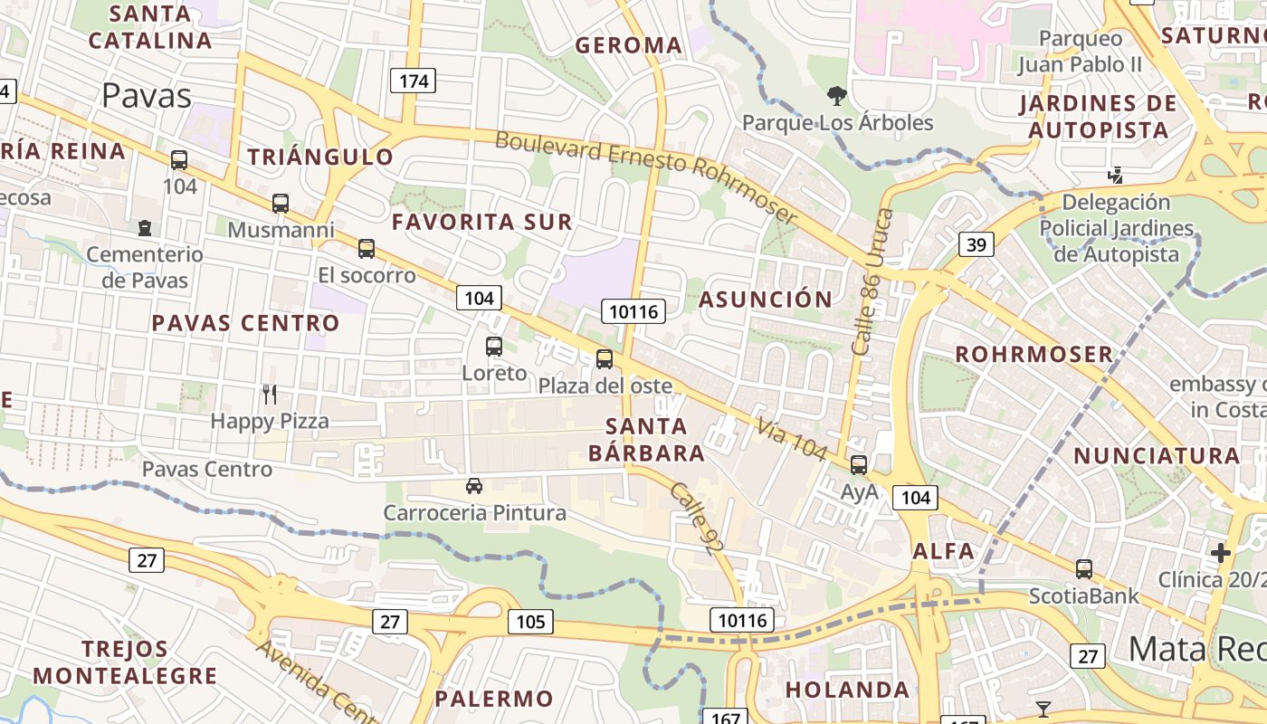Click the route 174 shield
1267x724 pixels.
tap(414, 81)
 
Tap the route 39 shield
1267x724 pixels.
tap(976, 244)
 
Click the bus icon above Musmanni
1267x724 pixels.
tap(281, 204)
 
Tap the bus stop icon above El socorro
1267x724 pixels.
tap(367, 248)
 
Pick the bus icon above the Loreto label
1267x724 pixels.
tap(494, 346)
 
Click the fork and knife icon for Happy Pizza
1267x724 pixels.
tap(269, 394)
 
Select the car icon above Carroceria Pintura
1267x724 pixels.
tap(474, 486)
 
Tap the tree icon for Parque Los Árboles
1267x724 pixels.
tap(837, 95)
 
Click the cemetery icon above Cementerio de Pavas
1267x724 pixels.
tap(145, 227)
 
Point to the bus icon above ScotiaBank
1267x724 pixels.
tap(1084, 569)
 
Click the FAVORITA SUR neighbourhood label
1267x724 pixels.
tap(482, 222)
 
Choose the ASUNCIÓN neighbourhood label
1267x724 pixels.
tap(766, 300)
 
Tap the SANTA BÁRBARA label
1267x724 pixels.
tap(646, 439)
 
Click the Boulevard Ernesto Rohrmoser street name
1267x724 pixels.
tap(646, 177)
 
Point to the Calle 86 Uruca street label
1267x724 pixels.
tap(872, 281)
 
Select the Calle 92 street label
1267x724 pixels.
tap(695, 517)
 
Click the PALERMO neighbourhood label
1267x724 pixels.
tap(494, 699)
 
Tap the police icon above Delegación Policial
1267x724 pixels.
tap(1116, 175)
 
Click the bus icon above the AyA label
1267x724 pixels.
tap(859, 465)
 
